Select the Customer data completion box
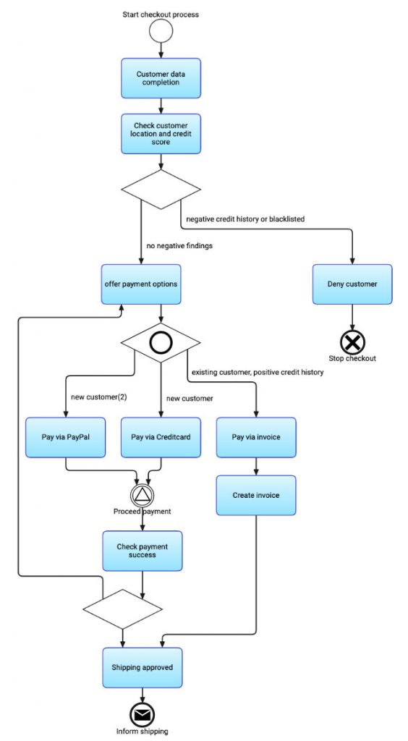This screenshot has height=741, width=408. coord(161,78)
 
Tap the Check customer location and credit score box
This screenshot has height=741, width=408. coord(161,134)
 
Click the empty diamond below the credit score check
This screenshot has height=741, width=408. coord(161,189)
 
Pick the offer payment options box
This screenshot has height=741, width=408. coord(141,284)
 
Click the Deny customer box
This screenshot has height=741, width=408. coord(352,284)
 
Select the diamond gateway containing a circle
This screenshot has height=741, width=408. coord(161,343)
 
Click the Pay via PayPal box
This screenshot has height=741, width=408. coord(66,437)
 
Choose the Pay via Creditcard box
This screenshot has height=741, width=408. coord(161,437)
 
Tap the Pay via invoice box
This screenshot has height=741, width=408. coord(256,437)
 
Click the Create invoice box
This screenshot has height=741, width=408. coord(256,495)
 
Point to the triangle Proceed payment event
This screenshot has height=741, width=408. coord(142,495)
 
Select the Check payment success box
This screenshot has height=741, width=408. coord(143,551)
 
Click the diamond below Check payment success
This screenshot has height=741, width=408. coord(123,609)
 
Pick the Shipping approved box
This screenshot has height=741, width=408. coord(143,668)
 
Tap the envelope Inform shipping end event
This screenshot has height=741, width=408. coord(142,715)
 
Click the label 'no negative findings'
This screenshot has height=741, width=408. coord(179,246)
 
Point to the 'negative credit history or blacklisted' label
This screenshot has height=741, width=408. coord(245,219)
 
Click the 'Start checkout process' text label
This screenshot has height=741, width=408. coord(161,14)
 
